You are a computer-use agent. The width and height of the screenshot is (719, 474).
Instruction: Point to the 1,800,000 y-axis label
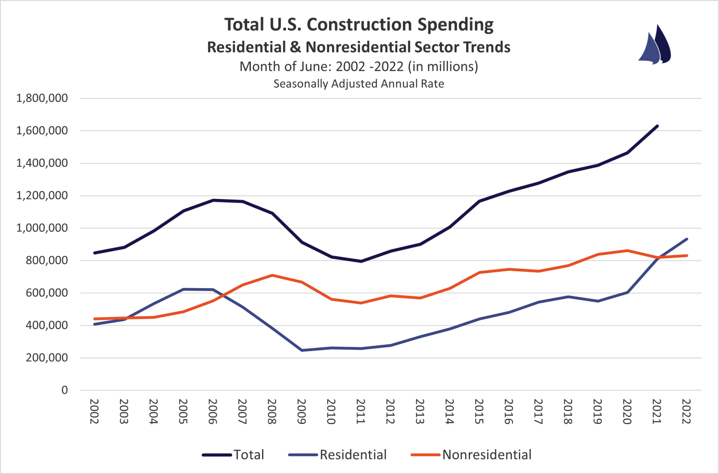point(42,98)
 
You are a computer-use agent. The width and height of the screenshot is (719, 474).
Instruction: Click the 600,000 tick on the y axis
point(47,293)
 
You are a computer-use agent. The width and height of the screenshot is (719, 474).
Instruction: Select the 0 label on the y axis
point(64,390)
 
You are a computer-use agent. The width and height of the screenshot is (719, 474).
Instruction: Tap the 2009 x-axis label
point(301,411)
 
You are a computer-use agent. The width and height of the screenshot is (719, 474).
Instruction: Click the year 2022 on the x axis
point(686,411)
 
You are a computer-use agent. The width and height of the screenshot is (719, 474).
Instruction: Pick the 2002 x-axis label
point(94,411)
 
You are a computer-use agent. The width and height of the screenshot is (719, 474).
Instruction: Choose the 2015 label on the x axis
point(479,411)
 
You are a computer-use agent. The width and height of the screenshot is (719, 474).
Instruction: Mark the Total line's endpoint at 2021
point(657,126)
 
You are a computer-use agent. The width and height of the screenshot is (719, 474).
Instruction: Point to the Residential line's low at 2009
point(302,350)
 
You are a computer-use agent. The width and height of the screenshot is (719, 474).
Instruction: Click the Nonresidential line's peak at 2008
point(272,275)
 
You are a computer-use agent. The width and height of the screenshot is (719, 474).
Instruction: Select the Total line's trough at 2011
point(361,261)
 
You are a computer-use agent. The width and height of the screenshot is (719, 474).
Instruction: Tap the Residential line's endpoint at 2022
point(686,239)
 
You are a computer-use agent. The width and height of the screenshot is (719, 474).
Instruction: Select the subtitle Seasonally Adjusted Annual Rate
point(358,84)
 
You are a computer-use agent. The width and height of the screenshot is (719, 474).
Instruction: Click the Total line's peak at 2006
point(213,200)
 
